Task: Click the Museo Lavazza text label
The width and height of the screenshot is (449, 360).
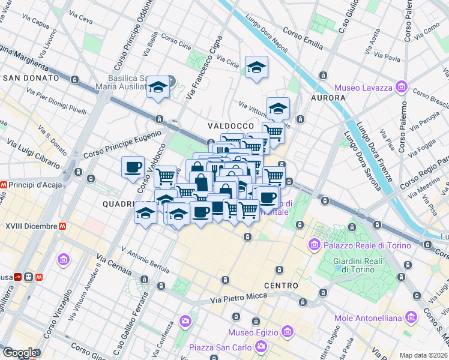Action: pos(363,88)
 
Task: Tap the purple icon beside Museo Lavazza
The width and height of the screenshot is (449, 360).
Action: pos(401,88)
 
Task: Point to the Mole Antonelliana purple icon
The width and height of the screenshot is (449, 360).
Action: pos(411,316)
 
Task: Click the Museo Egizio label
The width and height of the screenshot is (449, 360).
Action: pos(252,332)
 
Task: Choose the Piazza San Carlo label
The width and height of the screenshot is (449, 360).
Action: pos(221,347)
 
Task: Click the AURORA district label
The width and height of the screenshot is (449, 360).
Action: pos(328,97)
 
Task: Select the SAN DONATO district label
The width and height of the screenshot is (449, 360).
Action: pos(31,78)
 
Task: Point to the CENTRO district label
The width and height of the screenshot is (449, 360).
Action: pos(280,286)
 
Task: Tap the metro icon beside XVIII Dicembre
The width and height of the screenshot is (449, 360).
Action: pos(63,226)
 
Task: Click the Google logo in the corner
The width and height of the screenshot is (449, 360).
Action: pos(19,353)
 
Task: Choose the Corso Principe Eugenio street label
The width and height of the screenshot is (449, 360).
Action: pos(123,145)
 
